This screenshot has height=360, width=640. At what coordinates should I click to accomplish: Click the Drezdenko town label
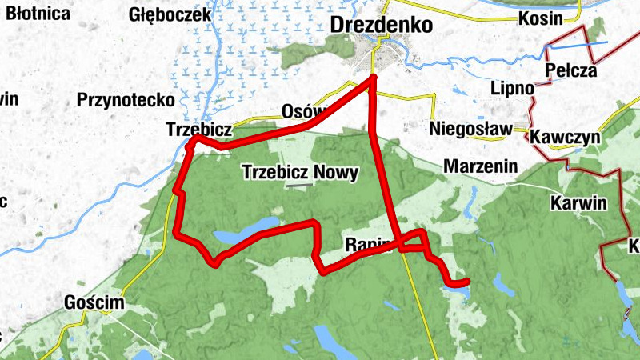(381, 25)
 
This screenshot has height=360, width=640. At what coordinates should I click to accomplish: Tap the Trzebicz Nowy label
(300, 172)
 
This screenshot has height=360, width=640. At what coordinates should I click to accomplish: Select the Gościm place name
(95, 303)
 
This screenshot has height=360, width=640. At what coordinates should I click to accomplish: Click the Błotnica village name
(33, 14)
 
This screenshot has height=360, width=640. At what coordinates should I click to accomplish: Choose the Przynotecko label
(126, 100)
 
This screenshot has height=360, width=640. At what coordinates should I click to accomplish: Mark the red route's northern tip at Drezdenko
(374, 78)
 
